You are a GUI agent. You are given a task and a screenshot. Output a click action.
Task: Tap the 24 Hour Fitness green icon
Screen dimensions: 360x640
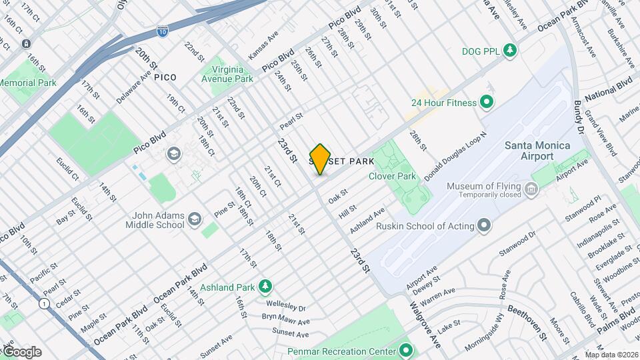coord(487,103)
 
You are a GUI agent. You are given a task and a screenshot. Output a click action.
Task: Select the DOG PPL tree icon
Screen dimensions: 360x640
coord(510,51)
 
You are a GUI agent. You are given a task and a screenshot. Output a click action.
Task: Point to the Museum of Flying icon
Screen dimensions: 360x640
coord(531,191)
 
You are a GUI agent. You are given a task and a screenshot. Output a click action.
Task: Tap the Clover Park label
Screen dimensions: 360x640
coord(392,177)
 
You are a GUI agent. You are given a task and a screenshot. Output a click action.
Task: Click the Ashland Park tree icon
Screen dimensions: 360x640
coord(265,287)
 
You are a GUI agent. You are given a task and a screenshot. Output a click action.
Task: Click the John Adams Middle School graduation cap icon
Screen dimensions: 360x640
coord(195,219)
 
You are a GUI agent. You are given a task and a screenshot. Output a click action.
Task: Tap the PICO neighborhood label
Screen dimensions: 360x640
coord(165,77)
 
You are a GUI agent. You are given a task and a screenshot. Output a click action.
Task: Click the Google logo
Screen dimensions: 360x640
coord(21,351)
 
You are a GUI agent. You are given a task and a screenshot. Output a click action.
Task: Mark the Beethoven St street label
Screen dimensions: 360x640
coord(527,321)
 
